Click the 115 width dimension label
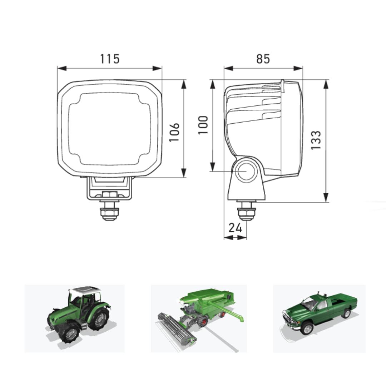[x=110, y=59]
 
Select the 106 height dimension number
[x=174, y=132]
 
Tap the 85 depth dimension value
[x=263, y=59]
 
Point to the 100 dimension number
[x=203, y=125]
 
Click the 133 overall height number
[x=316, y=140]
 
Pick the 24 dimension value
[x=235, y=228]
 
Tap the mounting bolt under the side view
[x=247, y=212]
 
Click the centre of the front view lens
[x=109, y=129]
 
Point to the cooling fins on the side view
[x=254, y=104]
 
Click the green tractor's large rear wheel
[x=98, y=319]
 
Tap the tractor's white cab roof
[x=85, y=290]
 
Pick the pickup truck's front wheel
[x=307, y=328]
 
